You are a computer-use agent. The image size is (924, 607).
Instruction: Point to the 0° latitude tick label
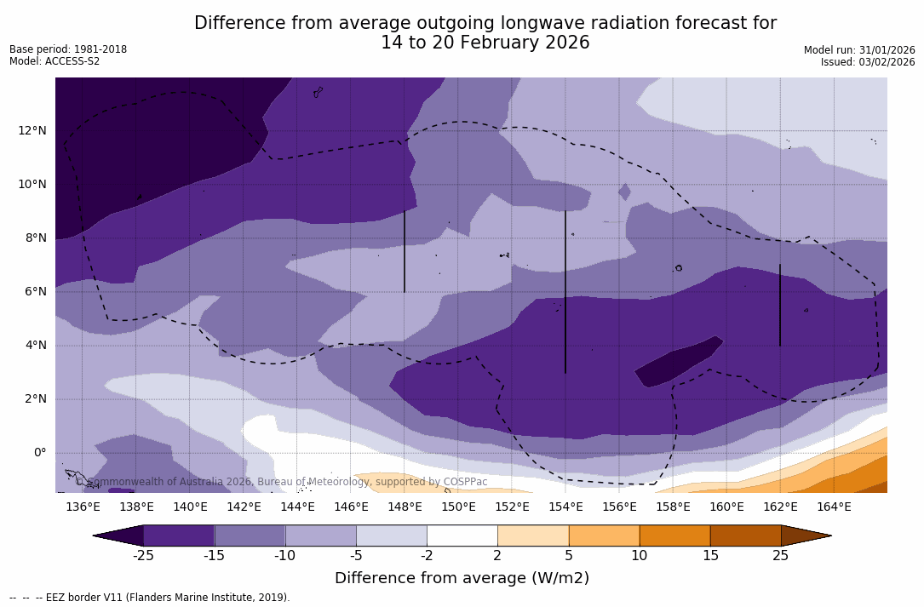40,452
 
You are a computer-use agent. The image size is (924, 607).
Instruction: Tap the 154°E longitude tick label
565,507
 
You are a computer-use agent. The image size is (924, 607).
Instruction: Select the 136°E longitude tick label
83,507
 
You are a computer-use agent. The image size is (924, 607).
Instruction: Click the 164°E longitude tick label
834,507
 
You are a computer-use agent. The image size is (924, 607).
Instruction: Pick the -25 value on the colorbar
143,556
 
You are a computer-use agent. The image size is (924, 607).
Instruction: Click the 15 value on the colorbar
710,556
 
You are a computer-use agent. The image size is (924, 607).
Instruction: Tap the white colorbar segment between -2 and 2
462,535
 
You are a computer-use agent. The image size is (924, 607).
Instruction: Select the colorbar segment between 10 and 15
674,535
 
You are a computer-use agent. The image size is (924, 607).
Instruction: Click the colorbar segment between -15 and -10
250,535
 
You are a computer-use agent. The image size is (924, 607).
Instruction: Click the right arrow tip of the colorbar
829,535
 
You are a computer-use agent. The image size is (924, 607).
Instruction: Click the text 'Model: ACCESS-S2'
55,61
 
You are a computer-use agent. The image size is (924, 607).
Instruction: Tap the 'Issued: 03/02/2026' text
868,62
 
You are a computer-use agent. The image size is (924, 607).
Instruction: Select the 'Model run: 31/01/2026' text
859,50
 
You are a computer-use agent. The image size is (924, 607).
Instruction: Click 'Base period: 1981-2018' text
68,49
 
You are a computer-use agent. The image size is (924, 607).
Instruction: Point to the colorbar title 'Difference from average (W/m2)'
462,579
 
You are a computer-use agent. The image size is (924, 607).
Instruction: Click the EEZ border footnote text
150,598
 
